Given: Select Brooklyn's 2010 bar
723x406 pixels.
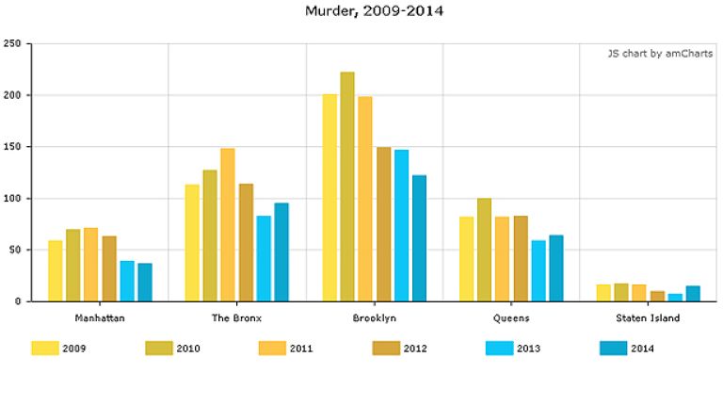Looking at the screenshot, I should pos(347,187).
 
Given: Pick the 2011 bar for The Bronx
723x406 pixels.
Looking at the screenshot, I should pos(228,225).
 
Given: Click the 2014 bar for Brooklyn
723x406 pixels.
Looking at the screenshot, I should pos(419,238).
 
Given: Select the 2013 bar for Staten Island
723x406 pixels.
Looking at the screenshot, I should pos(675,298).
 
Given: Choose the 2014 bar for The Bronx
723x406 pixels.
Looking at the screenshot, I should pos(281,252).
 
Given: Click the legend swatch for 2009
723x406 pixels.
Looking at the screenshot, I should pos(45,349).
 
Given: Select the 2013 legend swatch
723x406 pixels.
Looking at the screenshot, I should pos(499,349).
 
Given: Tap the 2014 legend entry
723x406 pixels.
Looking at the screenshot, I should pos(626,349).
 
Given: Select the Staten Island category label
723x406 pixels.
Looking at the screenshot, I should pos(653,318).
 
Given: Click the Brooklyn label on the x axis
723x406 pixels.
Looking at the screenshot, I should pos(374,318).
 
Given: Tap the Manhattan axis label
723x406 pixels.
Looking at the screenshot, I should pos(100,318).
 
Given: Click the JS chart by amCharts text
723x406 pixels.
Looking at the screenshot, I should pos(659,54).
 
